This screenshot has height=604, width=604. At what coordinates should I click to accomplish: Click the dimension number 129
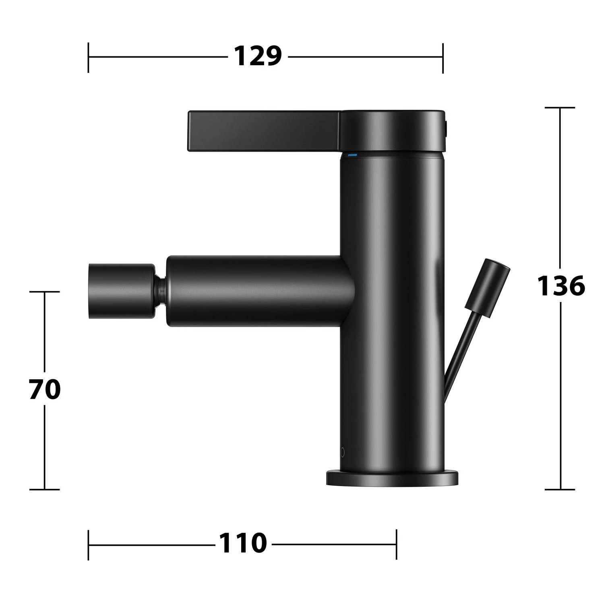click(258, 56)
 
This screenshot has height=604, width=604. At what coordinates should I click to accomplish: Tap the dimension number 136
click(561, 286)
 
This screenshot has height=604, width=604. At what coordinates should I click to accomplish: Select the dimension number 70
click(45, 389)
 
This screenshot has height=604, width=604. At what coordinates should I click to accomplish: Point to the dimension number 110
click(243, 544)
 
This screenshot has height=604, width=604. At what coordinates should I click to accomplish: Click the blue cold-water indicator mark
click(352, 155)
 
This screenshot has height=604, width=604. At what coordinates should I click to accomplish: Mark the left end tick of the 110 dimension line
click(88, 544)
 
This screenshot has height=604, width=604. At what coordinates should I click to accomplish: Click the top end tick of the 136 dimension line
click(560, 108)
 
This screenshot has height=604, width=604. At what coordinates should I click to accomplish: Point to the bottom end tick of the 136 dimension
click(560, 489)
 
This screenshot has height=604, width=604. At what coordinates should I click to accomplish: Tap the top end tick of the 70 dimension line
click(45, 292)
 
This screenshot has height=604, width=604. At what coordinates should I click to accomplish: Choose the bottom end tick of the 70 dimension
click(45, 489)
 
